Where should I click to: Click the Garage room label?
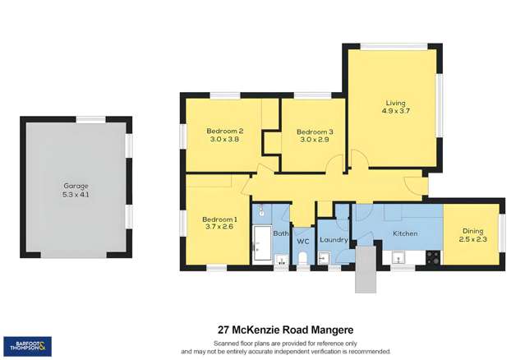coord(76,186)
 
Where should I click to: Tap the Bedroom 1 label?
coord(219,219)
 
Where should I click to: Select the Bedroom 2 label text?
coord(224,131)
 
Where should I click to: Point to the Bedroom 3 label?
coord(315,132)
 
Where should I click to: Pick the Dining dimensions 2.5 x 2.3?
coord(473,239)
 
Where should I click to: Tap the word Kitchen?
coord(406,234)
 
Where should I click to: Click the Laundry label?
coord(334,240)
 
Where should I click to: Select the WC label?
coord(302,241)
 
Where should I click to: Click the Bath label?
coord(280,233)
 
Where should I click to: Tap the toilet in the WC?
coord(302,259)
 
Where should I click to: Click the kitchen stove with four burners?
coord(432,256)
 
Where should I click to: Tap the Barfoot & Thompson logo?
coord(27,346)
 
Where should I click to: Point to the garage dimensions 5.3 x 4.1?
coord(76,195)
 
